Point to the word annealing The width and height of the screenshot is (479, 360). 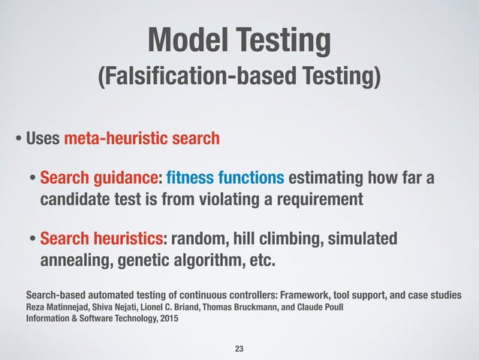(x=72, y=261)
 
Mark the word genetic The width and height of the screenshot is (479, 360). (x=140, y=261)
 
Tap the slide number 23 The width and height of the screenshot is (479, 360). (x=239, y=349)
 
